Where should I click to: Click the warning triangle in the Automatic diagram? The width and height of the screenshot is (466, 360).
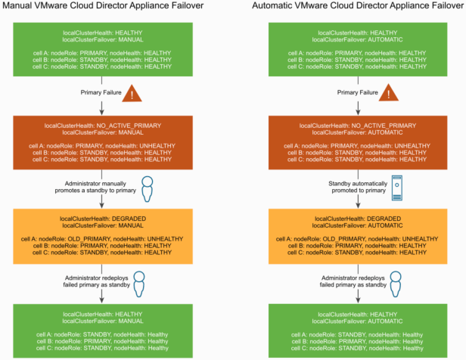tap(390, 95)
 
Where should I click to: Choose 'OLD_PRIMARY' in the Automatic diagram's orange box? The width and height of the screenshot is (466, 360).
tap(341, 238)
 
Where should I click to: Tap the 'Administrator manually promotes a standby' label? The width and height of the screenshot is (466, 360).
tap(97, 187)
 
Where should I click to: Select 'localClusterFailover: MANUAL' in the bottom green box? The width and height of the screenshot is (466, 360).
tap(106, 321)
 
